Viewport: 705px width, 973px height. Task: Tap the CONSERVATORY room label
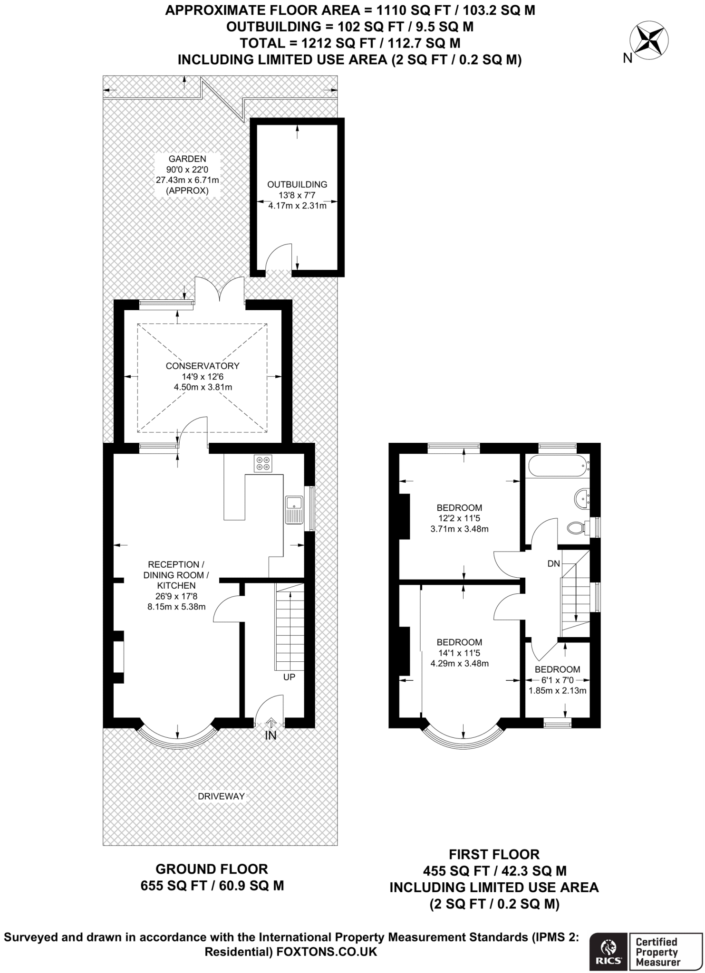(203, 366)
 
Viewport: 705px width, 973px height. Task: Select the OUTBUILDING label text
(297, 184)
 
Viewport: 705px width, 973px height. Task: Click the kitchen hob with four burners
(263, 463)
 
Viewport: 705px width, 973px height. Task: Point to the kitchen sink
(294, 510)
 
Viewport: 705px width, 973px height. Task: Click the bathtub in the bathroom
(557, 467)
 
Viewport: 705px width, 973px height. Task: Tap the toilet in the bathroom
(579, 527)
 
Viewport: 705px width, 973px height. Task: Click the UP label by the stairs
(289, 677)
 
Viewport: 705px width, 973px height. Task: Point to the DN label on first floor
(554, 563)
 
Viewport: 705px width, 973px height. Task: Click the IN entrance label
(270, 736)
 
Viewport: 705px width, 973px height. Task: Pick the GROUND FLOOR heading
(212, 869)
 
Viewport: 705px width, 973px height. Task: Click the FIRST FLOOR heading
(494, 855)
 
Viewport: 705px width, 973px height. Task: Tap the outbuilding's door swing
(278, 257)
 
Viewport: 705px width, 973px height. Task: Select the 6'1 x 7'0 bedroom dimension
(558, 680)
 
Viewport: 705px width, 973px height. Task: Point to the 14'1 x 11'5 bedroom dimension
(460, 653)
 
